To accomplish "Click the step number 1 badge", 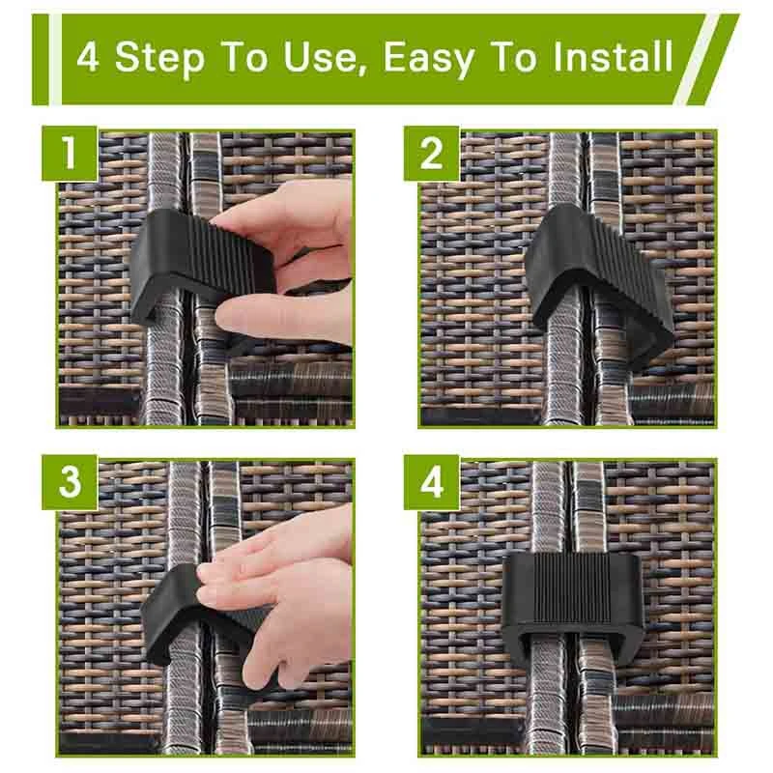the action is pyautogui.click(x=70, y=154).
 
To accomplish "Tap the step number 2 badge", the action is pyautogui.click(x=431, y=154).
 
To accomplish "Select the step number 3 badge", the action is pyautogui.click(x=70, y=482).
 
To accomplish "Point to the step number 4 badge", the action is pyautogui.click(x=431, y=482).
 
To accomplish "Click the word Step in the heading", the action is pyautogui.click(x=159, y=59).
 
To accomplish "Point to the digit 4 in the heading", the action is pyautogui.click(x=88, y=57).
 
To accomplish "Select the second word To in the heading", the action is pyautogui.click(x=514, y=57).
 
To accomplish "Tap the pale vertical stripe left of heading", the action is pyautogui.click(x=55, y=60).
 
